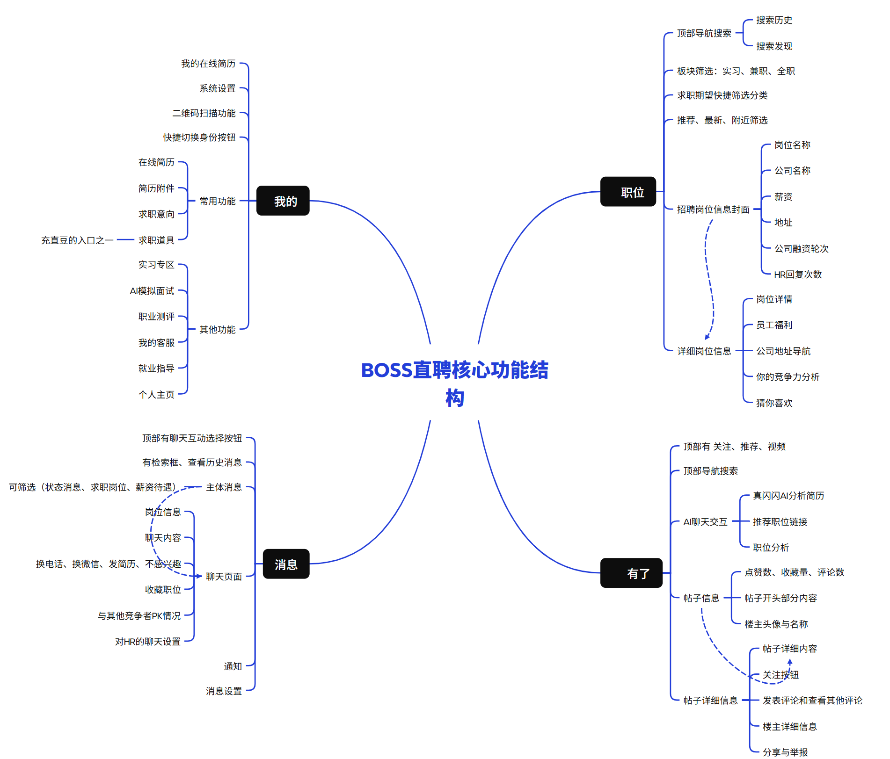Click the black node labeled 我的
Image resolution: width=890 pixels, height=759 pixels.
pyautogui.click(x=283, y=201)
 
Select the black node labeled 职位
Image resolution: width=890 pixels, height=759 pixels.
pyautogui.click(x=628, y=192)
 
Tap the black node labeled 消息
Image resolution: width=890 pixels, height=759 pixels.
pyautogui.click(x=286, y=564)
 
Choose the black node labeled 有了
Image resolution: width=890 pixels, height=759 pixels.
pyautogui.click(x=631, y=573)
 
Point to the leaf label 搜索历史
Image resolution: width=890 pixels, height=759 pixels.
pyautogui.click(x=774, y=20)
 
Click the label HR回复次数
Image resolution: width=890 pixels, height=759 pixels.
pyautogui.click(x=797, y=275)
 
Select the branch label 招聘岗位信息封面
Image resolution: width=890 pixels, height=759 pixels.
pyautogui.click(x=713, y=210)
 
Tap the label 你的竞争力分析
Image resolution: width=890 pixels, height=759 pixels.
pyautogui.click(x=788, y=377)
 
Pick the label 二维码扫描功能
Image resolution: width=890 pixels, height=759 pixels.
pyautogui.click(x=204, y=113)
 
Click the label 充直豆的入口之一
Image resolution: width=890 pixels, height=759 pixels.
pyautogui.click(x=77, y=240)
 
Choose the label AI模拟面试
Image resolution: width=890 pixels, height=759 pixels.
pyautogui.click(x=152, y=291)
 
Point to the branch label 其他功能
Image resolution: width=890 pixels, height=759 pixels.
pyautogui.click(x=217, y=330)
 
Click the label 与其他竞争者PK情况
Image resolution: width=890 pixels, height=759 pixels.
pyautogui.click(x=139, y=616)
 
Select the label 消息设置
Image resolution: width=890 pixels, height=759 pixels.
pyautogui.click(x=224, y=691)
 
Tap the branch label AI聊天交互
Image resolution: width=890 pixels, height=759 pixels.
pyautogui.click(x=705, y=522)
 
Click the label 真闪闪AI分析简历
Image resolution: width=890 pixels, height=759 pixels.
pyautogui.click(x=788, y=496)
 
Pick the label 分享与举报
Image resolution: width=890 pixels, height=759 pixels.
pyautogui.click(x=785, y=752)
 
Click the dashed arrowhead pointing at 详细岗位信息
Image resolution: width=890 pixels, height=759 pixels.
pyautogui.click(x=708, y=336)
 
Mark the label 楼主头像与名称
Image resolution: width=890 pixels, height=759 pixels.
pyautogui.click(x=776, y=624)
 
